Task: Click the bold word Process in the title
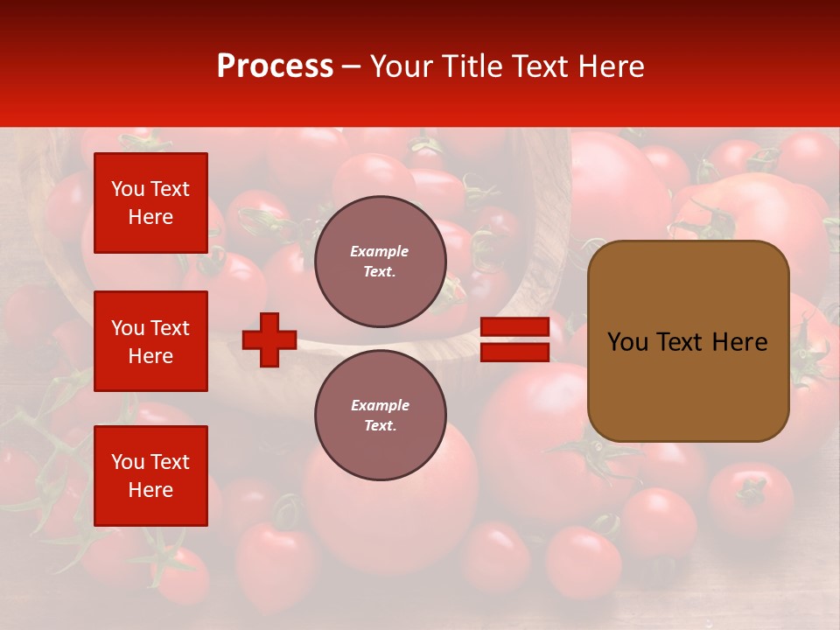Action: pyautogui.click(x=275, y=66)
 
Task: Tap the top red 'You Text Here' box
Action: pyautogui.click(x=150, y=203)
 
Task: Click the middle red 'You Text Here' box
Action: pyautogui.click(x=150, y=341)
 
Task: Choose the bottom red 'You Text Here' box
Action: pyautogui.click(x=150, y=476)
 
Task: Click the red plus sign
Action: pyautogui.click(x=269, y=339)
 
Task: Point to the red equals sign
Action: pyautogui.click(x=514, y=339)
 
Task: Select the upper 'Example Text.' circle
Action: pyautogui.click(x=380, y=262)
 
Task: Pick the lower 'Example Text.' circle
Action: pyautogui.click(x=380, y=416)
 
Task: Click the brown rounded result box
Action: pyautogui.click(x=688, y=341)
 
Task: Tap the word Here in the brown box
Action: pyautogui.click(x=739, y=342)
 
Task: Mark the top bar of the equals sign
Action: pyautogui.click(x=514, y=327)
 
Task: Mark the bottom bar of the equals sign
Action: pyautogui.click(x=514, y=352)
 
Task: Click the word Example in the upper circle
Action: pyautogui.click(x=380, y=251)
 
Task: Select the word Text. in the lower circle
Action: pyautogui.click(x=380, y=426)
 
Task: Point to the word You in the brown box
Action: pyautogui.click(x=626, y=342)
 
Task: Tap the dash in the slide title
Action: pyautogui.click(x=352, y=66)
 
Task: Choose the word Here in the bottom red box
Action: pyautogui.click(x=150, y=490)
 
